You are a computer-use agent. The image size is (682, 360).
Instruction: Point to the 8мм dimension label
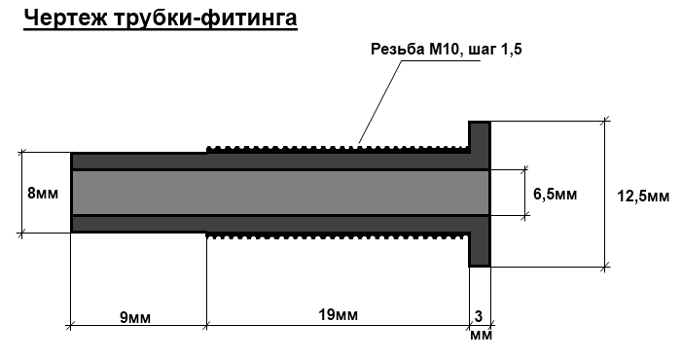tap(43, 193)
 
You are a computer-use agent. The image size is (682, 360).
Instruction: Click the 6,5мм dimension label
tap(555, 194)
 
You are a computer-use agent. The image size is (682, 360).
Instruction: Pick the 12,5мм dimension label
tap(643, 197)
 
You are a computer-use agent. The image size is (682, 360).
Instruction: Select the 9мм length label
tap(135, 318)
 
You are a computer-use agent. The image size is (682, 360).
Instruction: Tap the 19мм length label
tap(338, 314)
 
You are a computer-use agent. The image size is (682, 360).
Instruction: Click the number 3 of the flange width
tap(479, 316)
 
